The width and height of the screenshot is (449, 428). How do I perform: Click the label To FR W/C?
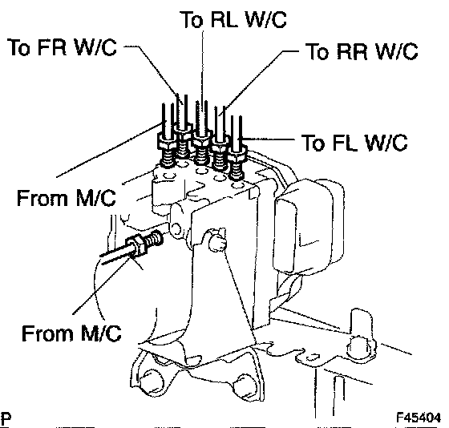click(x=63, y=47)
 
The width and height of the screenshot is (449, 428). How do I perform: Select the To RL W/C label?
click(x=233, y=19)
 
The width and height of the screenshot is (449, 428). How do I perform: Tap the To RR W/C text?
click(x=362, y=51)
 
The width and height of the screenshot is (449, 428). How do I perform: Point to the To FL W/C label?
click(x=354, y=143)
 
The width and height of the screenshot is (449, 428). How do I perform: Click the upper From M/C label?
click(x=67, y=197)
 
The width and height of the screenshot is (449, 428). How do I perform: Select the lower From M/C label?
click(x=71, y=333)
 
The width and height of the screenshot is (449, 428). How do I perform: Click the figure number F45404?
click(x=419, y=418)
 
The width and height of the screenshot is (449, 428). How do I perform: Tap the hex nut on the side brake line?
click(x=137, y=244)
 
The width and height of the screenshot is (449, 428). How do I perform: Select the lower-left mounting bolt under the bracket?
click(x=152, y=382)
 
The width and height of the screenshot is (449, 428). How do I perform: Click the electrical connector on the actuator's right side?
click(x=309, y=226)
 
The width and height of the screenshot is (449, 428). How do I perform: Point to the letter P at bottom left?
click(x=5, y=418)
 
